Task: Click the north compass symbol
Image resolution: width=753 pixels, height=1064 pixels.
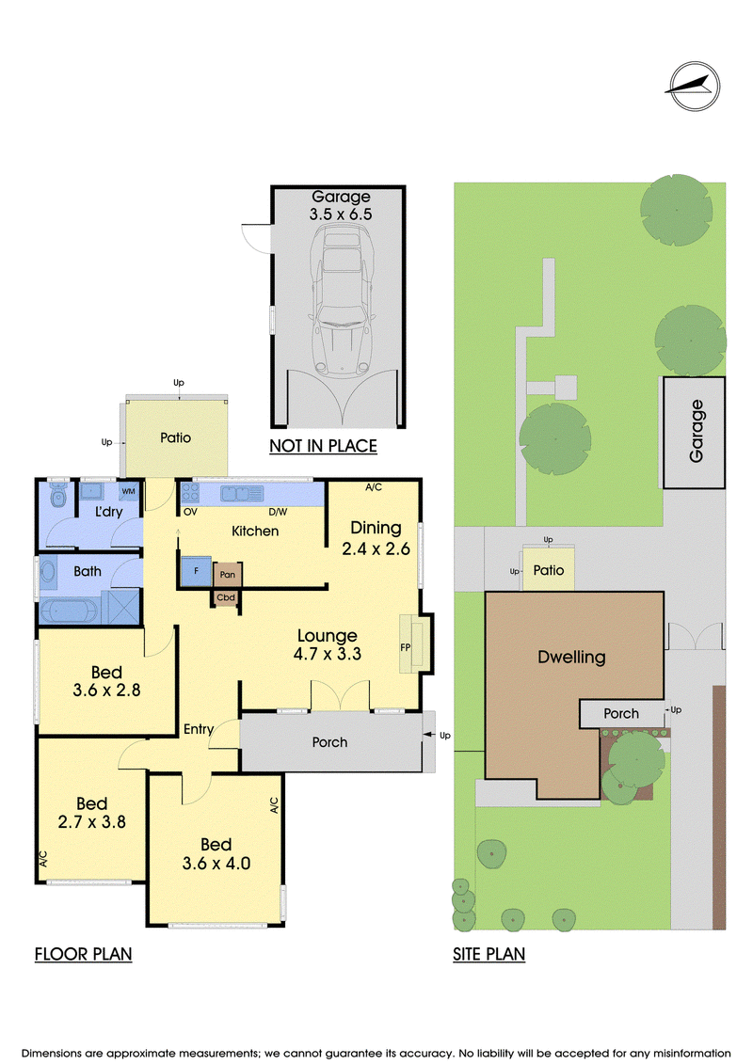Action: pos(694,87)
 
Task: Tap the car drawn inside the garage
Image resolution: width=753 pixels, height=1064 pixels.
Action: pos(342,300)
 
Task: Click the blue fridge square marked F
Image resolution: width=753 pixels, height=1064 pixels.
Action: pos(196,571)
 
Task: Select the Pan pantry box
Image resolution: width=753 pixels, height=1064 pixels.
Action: pos(228,575)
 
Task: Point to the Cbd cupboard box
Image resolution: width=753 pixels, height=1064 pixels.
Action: pos(226,597)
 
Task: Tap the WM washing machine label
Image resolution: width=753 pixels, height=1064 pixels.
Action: pos(128,491)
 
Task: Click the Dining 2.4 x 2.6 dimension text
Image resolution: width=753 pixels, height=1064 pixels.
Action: pos(376,549)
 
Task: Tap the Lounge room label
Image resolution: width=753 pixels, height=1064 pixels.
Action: pos(328,636)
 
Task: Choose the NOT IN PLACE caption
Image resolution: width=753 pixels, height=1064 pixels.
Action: pos(323,446)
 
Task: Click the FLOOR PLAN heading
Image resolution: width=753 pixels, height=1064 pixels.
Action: pos(83,954)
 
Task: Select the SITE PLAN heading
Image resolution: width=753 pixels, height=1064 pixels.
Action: pos(489,954)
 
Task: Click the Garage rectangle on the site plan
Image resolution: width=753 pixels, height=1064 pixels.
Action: pos(694,432)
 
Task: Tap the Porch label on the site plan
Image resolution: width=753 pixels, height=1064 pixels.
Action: pos(621,713)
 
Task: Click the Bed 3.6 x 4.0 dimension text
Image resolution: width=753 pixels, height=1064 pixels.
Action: pos(216,863)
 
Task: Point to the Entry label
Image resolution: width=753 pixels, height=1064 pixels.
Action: pos(199,729)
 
